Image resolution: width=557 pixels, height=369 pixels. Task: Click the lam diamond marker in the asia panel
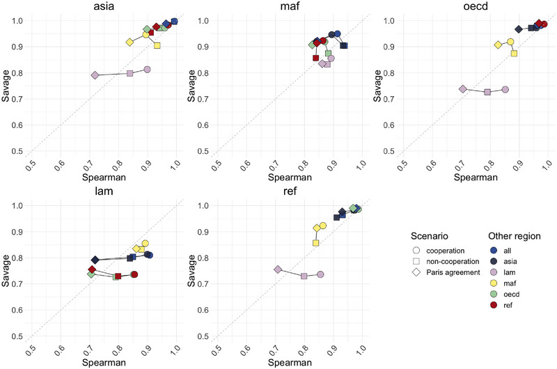click(95, 75)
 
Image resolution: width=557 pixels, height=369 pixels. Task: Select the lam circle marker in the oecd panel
click(505, 89)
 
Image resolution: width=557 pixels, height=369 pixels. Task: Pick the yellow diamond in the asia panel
click(130, 42)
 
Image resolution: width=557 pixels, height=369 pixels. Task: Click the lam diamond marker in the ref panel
click(278, 269)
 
